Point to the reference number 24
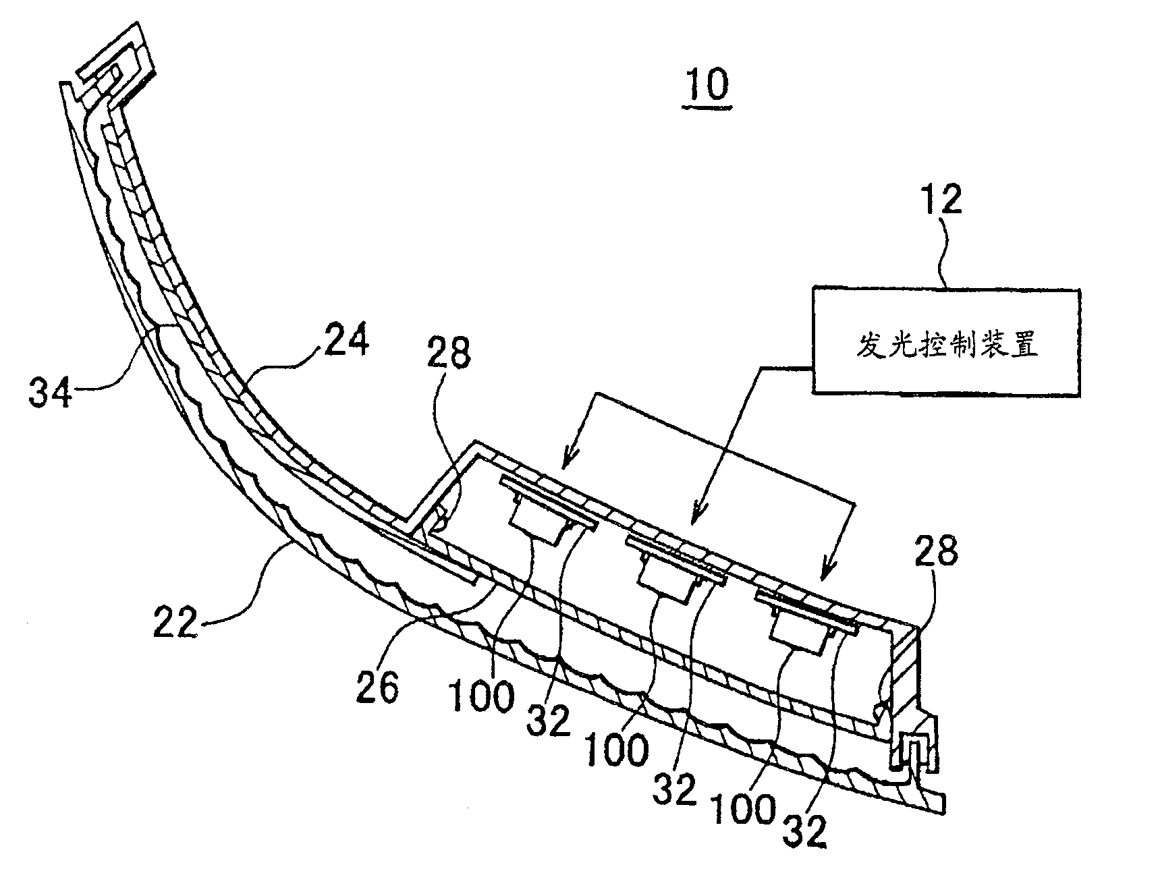[x=347, y=340]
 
